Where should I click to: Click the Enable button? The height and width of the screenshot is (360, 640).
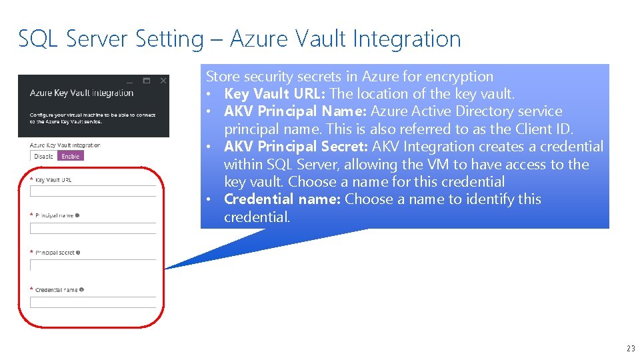71,156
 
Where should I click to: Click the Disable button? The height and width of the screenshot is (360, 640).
44,156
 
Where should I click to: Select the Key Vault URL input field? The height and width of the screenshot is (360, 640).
93,191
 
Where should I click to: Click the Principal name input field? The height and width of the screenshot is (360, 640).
93,228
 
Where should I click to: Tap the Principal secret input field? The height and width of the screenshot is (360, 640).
93,265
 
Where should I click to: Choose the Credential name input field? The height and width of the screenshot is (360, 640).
93,302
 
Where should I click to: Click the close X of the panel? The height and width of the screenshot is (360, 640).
163,81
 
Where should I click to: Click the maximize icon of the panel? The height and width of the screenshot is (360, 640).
147,81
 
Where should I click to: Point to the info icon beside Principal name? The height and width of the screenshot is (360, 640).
78,215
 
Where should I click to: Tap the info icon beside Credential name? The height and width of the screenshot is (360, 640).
82,290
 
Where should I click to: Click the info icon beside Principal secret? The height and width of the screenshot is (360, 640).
79,253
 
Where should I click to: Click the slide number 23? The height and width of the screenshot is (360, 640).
631,348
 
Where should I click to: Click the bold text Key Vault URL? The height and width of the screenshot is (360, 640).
275,94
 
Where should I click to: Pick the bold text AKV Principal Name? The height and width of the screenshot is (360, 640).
295,111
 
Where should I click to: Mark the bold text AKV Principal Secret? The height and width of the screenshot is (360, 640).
296,147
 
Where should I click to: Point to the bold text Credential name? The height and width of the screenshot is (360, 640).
282,199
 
